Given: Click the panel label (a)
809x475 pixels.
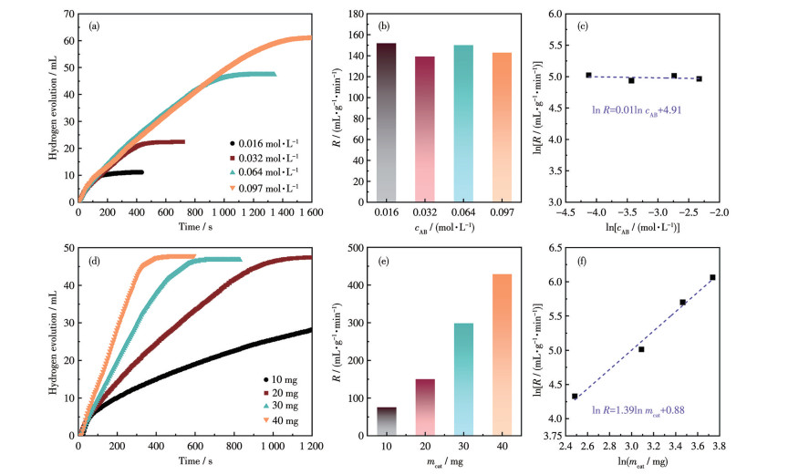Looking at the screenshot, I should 94,26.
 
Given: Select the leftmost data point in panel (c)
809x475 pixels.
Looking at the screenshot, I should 588,75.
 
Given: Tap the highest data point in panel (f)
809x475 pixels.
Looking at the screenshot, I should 712,277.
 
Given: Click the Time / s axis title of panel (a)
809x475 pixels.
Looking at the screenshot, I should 193,226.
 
